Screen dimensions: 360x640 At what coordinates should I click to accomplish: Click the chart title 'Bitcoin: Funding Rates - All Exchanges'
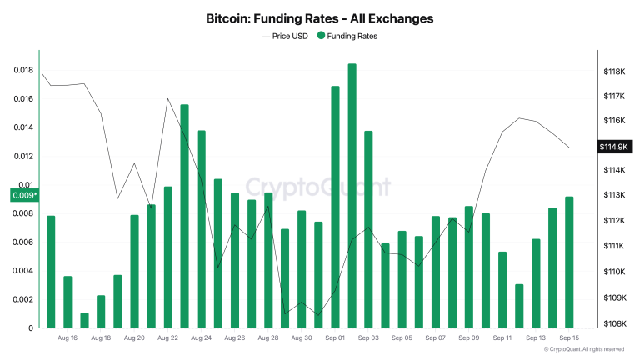[x=320, y=17]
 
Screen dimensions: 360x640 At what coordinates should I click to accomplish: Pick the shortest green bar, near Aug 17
[x=84, y=321]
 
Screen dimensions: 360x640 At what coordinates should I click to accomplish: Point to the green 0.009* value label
[x=24, y=195]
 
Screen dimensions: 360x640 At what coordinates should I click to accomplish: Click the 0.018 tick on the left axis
[x=23, y=70]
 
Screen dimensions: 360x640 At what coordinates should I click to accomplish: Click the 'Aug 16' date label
[x=68, y=338]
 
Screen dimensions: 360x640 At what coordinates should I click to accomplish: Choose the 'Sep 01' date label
[x=336, y=338]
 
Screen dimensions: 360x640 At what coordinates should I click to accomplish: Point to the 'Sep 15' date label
[x=570, y=338]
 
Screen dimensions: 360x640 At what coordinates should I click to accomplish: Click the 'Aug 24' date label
[x=202, y=338]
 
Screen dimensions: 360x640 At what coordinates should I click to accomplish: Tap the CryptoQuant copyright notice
[x=582, y=350]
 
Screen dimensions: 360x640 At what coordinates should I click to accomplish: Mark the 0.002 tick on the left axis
[x=23, y=299]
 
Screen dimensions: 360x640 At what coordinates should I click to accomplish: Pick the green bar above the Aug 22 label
[x=168, y=257]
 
